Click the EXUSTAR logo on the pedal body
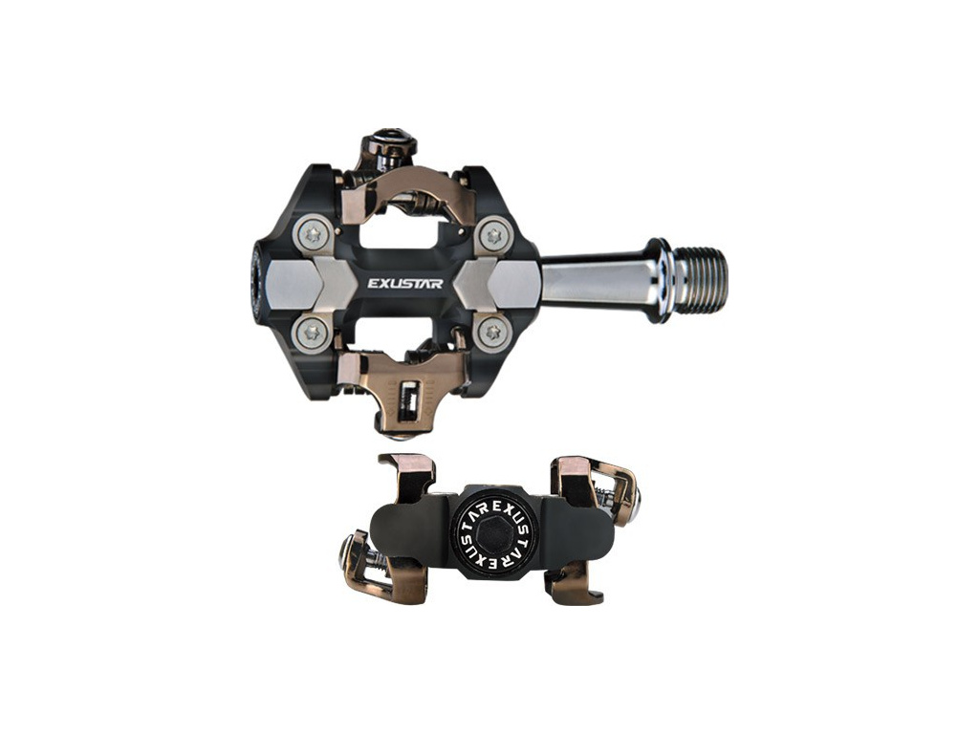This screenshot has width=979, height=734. [405, 283]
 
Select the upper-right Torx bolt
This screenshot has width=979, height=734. [495, 235]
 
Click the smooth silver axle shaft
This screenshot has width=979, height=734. [593, 280]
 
